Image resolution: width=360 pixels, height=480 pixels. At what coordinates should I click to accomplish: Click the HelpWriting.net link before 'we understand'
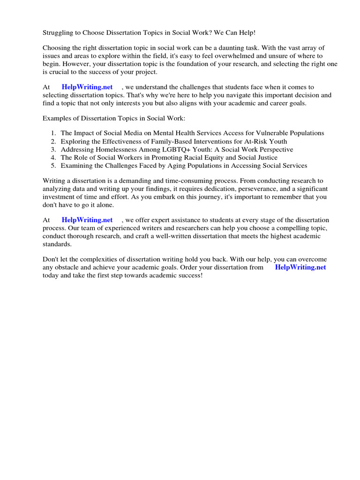point(87,87)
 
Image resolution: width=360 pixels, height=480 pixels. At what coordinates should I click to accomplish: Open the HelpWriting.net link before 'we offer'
point(87,220)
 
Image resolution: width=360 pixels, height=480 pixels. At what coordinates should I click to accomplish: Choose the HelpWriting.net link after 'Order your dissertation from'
point(300,267)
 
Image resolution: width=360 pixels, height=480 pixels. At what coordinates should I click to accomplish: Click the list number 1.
point(53,134)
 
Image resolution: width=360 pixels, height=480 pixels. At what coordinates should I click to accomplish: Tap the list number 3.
point(53,150)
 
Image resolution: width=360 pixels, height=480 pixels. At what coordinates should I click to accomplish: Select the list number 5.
point(53,165)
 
